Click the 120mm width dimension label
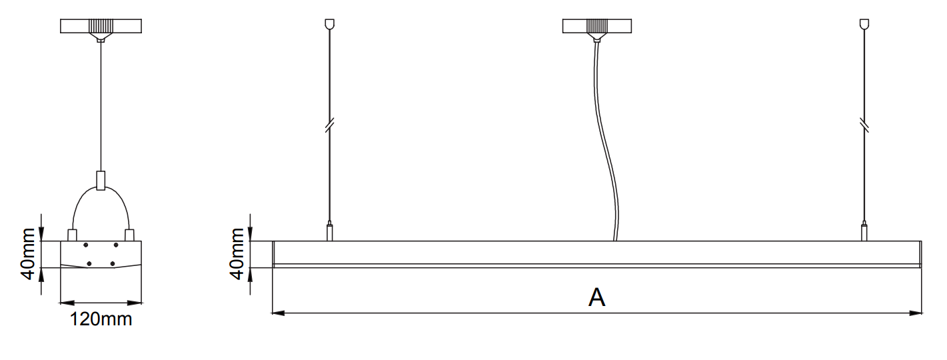[x=101, y=319]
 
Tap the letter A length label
[x=596, y=297]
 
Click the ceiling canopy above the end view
[x=101, y=27]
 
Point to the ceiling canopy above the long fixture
[x=596, y=27]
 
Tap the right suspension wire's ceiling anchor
[x=864, y=24]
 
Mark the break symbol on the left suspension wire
[x=329, y=125]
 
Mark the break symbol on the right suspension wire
[x=864, y=125]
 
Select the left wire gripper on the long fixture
[x=329, y=232]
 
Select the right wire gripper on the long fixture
[x=864, y=232]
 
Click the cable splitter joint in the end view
[x=101, y=181]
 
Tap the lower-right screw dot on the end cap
[x=113, y=264]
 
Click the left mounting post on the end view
[x=73, y=235]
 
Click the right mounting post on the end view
[x=129, y=235]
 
